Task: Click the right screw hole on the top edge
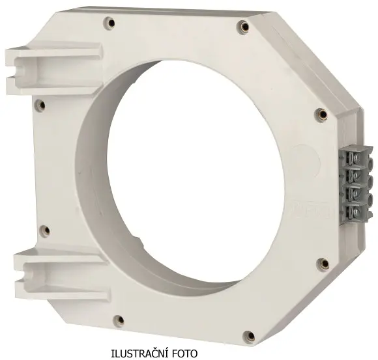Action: pos(244,26)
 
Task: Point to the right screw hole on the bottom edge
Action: pos(250,336)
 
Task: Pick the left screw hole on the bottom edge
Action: pos(120,320)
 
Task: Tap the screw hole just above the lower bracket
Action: pos(46,231)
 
